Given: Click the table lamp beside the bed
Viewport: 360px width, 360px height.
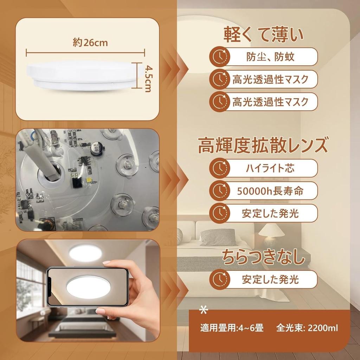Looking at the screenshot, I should (x=271, y=234).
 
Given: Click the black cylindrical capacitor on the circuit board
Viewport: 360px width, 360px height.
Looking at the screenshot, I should (x=95, y=149).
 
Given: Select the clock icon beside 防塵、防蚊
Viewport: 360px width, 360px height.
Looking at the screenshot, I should (x=220, y=56).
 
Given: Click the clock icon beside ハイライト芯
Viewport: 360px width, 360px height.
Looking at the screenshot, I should (x=220, y=168).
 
